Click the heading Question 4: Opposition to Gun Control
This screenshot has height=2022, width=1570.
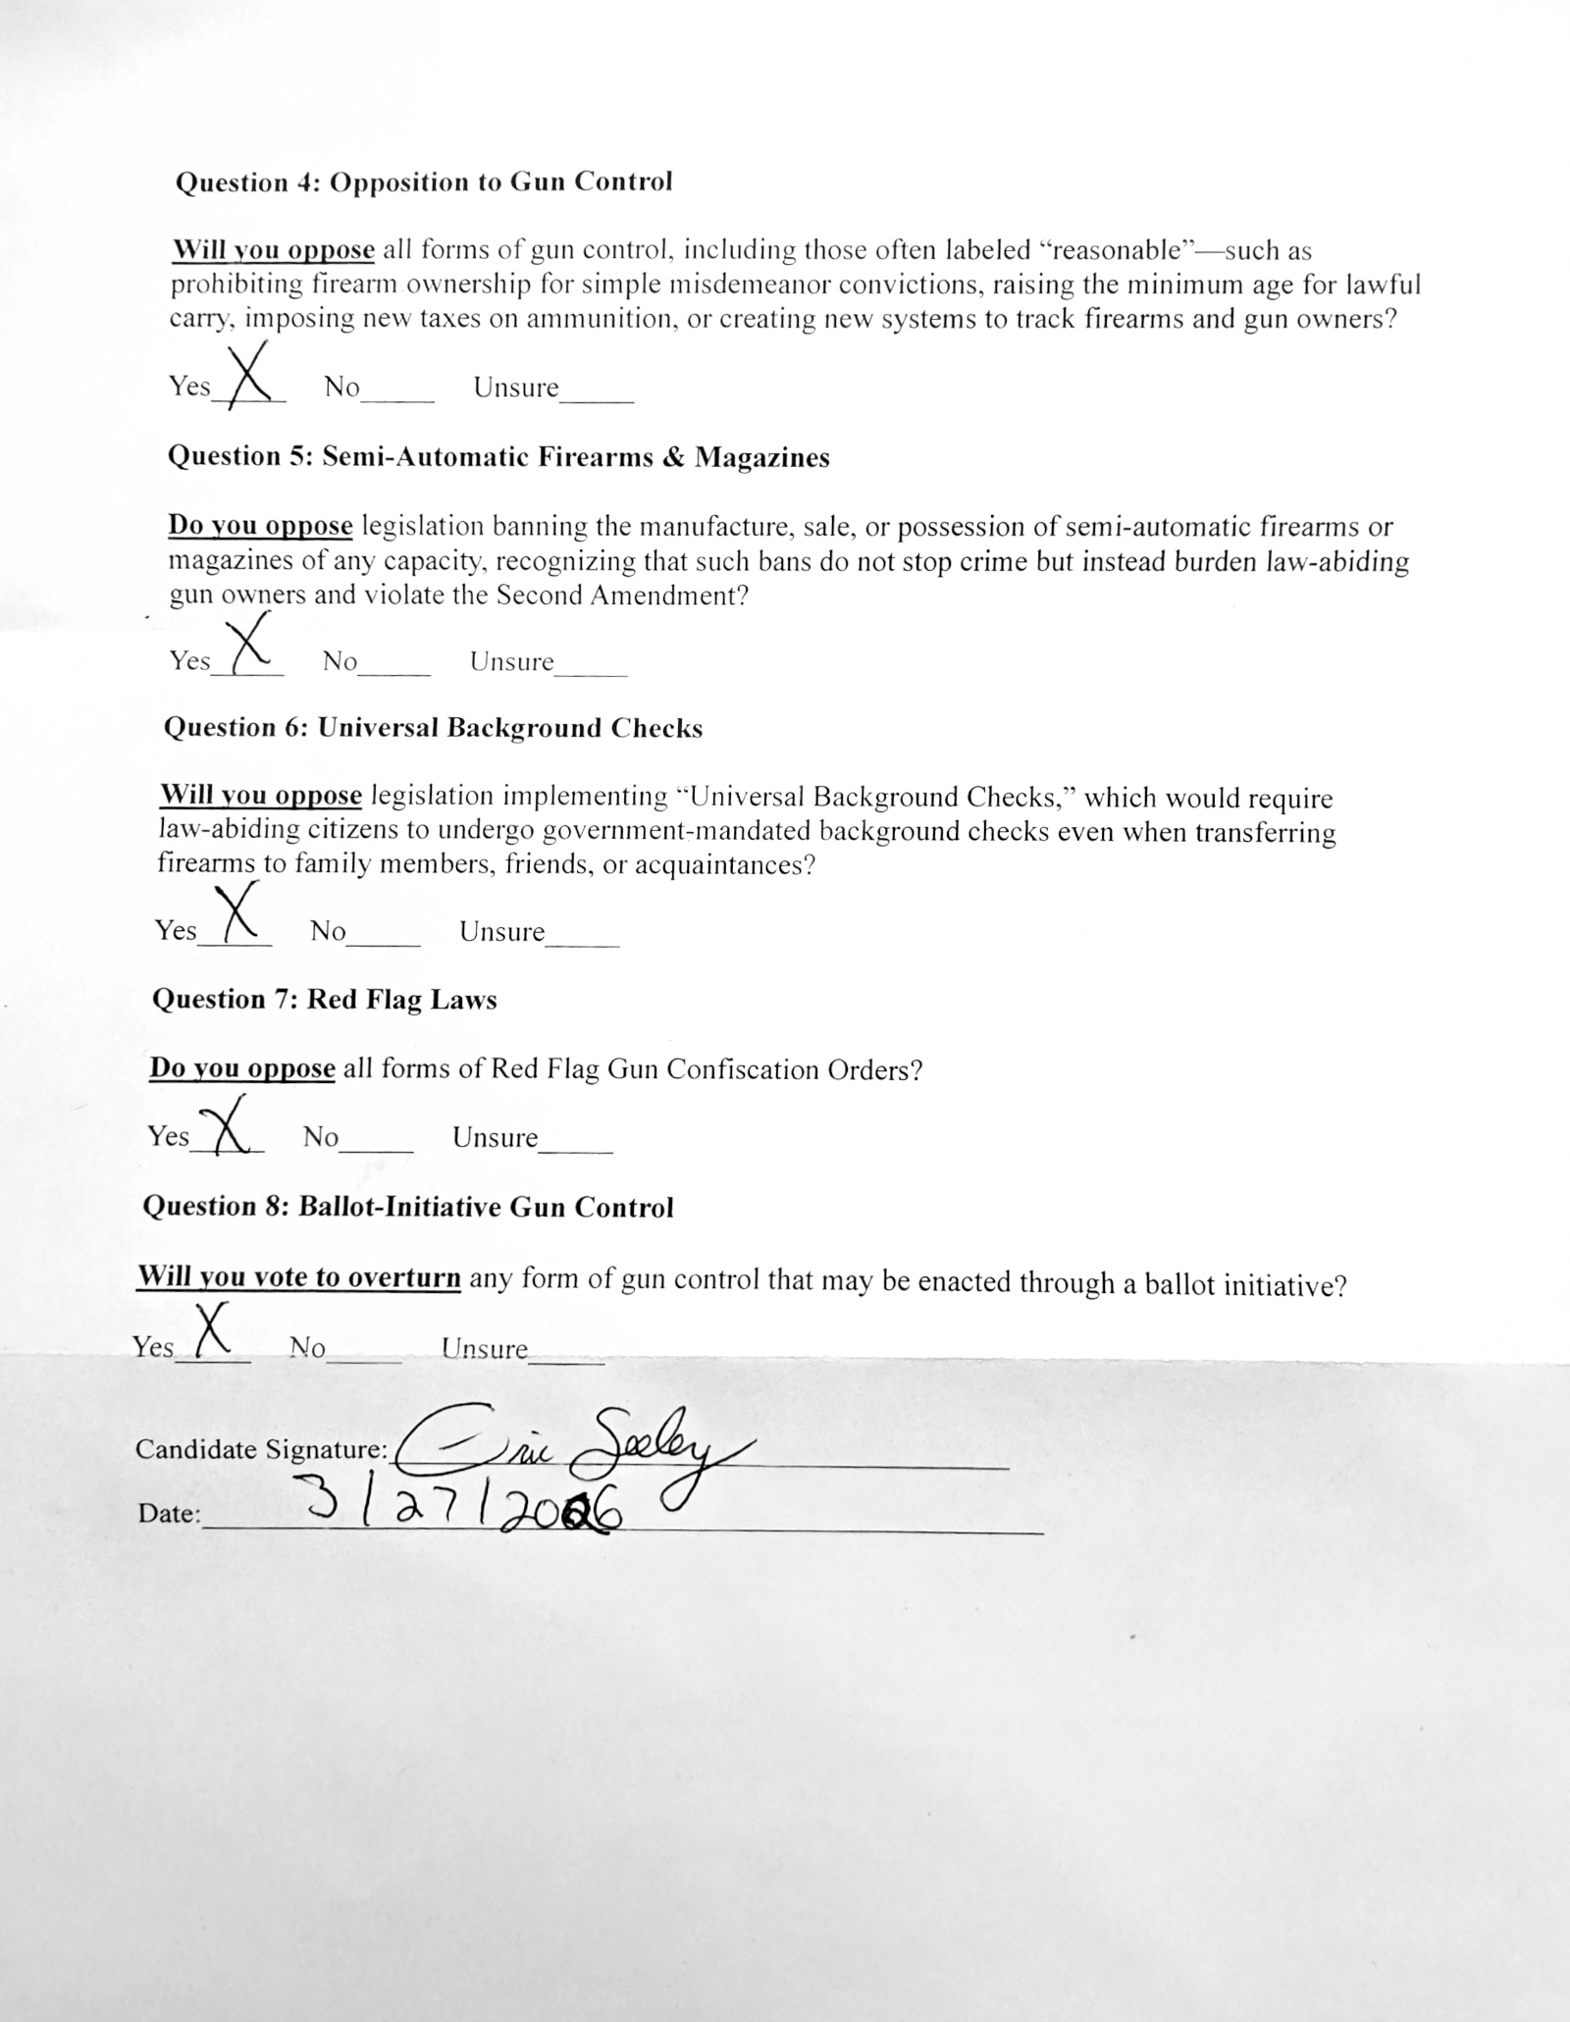tap(424, 182)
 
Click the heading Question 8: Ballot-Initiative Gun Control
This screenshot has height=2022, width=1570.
tap(408, 1207)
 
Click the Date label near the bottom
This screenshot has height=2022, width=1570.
tap(169, 1514)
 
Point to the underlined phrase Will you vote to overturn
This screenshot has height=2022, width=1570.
tap(298, 1278)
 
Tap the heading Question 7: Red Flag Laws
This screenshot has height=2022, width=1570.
tap(325, 1000)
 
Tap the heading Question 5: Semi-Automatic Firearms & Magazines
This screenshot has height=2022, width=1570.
tap(498, 457)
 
